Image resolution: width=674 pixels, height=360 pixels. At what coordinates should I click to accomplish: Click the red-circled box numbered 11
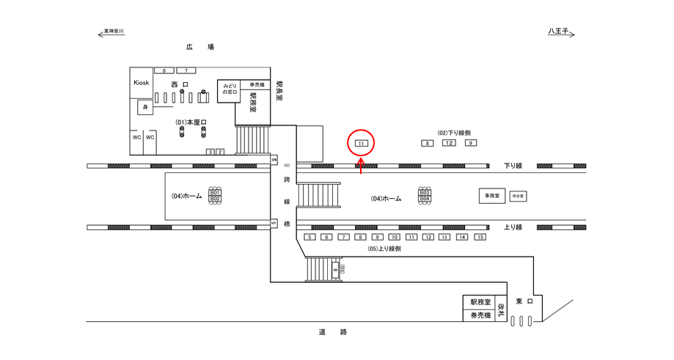pos(361,144)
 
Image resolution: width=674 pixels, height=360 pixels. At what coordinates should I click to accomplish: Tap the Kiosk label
pos(141,83)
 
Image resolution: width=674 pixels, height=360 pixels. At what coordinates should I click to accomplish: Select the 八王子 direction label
pos(559,32)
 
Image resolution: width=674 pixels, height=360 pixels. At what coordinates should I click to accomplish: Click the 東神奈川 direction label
pos(114,32)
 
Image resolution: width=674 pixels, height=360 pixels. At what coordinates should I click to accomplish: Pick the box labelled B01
pos(215,192)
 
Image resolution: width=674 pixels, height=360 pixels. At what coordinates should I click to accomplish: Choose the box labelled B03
pos(425,192)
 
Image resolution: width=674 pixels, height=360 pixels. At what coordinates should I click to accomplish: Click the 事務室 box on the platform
pos(491,196)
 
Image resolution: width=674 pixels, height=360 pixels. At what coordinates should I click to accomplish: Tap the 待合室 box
pos(519,196)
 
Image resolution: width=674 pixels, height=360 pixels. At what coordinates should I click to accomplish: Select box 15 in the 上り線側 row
pos(480,238)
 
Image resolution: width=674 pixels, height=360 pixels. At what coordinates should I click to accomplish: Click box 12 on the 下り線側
pos(449,143)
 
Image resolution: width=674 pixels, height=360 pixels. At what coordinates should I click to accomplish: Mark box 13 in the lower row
pos(445,238)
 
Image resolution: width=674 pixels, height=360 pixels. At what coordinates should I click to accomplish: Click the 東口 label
pos(524,301)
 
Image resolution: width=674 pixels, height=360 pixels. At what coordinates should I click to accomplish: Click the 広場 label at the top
pos(199,48)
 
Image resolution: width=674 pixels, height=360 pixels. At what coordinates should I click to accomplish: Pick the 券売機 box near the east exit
pos(480,316)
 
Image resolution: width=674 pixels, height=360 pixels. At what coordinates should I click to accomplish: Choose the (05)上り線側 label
pos(384,249)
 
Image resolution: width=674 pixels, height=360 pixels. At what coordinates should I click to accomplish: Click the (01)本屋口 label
pos(191,121)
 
